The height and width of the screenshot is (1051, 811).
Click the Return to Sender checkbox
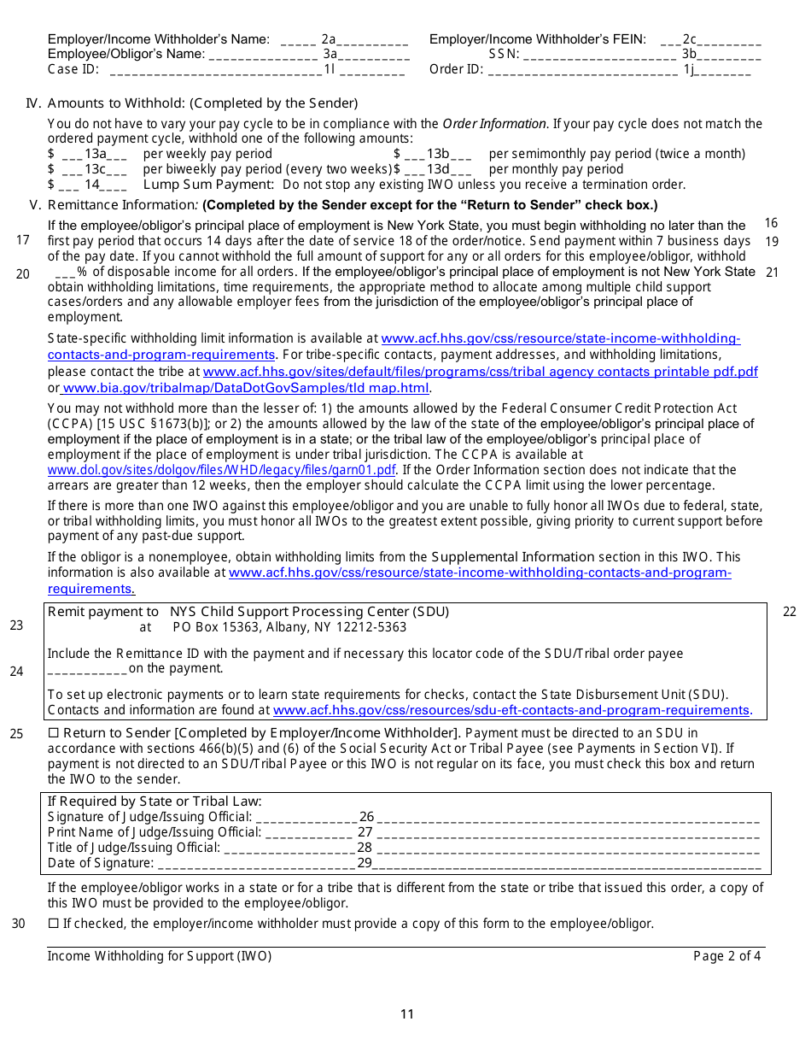pyautogui.click(x=53, y=733)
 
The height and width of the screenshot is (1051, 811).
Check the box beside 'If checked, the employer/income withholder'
pyautogui.click(x=53, y=924)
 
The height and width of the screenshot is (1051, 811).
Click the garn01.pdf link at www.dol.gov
pyautogui.click(x=221, y=470)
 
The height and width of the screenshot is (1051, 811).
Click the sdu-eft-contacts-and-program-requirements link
pyautogui.click(x=511, y=710)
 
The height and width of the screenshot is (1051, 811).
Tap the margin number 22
pyautogui.click(x=789, y=611)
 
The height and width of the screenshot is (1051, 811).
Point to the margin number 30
pyautogui.click(x=18, y=923)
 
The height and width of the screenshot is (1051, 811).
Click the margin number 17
pyautogui.click(x=23, y=240)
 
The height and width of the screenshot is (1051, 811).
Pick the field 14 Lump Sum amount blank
pyautogui.click(x=93, y=185)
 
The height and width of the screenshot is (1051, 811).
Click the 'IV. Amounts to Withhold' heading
pyautogui.click(x=192, y=103)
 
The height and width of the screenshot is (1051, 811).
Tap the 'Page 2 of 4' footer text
pyautogui.click(x=726, y=956)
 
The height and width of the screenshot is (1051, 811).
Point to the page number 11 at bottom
pyautogui.click(x=407, y=1014)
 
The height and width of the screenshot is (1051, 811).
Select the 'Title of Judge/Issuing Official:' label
pyautogui.click(x=133, y=848)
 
